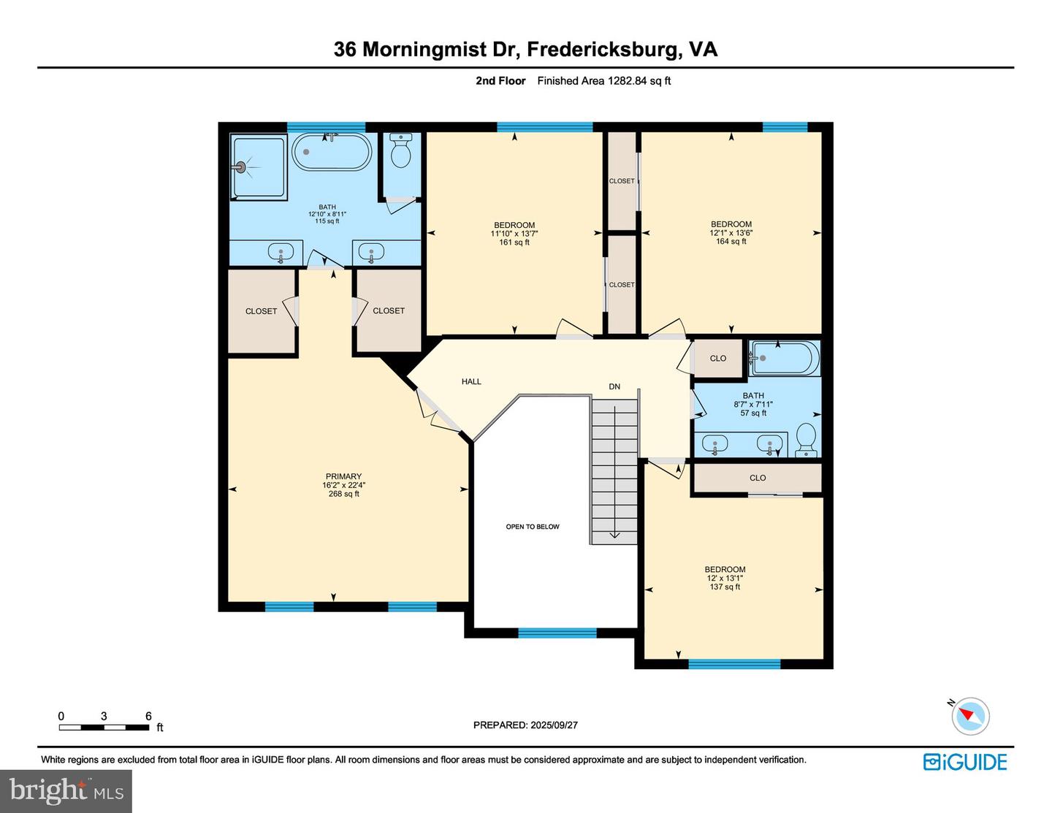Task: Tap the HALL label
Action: point(471,381)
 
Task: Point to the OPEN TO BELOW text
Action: point(533,527)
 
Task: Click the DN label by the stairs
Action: point(614,386)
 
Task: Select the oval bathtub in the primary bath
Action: point(332,151)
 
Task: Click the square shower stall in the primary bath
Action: point(259,167)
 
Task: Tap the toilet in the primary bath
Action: point(401,150)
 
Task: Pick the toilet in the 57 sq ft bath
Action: point(806,440)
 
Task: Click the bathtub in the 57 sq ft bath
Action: point(785,359)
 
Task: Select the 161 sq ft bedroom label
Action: point(514,233)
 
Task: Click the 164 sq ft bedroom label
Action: point(731,233)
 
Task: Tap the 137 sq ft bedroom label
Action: point(725,578)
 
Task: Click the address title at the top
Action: point(525,50)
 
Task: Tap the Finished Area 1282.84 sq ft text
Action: point(603,81)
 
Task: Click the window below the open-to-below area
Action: point(557,633)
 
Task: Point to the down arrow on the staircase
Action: point(614,473)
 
